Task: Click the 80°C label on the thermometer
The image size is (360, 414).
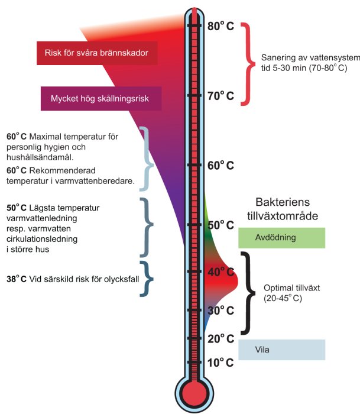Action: click(220, 27)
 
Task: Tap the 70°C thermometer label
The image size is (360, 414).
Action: click(220, 95)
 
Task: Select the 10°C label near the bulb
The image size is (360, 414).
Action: click(220, 362)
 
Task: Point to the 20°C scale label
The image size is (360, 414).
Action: click(220, 339)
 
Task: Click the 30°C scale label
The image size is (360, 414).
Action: click(220, 310)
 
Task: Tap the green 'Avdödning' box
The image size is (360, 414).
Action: click(281, 238)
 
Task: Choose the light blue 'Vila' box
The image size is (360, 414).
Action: click(281, 350)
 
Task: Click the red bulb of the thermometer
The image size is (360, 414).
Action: click(193, 393)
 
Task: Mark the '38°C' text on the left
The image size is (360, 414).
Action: click(16, 277)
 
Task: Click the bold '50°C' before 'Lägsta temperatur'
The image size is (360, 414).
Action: click(16, 208)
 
